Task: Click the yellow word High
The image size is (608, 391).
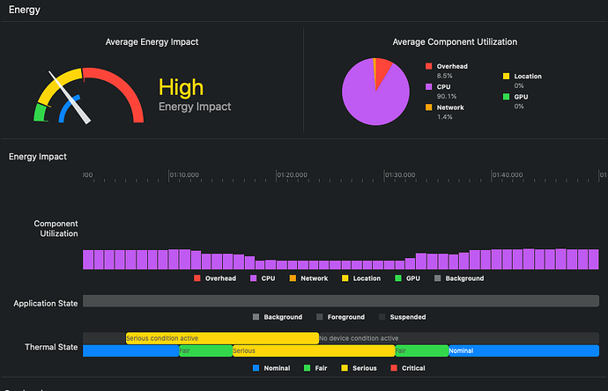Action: point(181,87)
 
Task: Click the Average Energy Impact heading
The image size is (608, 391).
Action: point(152,41)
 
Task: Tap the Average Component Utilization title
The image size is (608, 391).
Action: point(455,41)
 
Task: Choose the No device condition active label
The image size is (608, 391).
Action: point(359,338)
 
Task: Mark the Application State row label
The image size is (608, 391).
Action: point(45,303)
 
